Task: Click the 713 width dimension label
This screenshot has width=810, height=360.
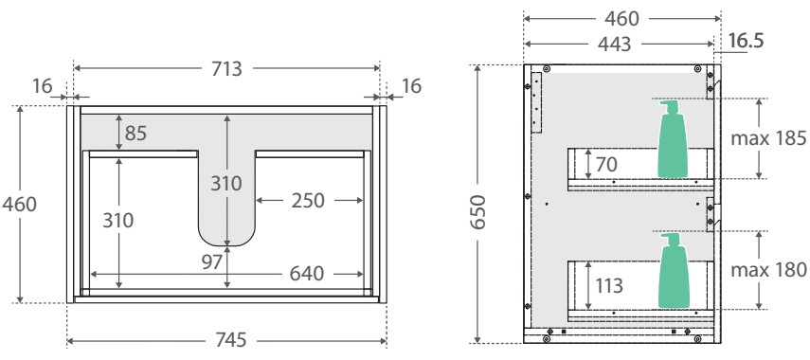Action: pyautogui.click(x=226, y=69)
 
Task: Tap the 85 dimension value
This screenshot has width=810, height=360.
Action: pyautogui.click(x=135, y=134)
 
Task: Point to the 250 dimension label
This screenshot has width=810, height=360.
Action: pyautogui.click(x=308, y=201)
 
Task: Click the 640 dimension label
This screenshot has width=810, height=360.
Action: pyautogui.click(x=306, y=274)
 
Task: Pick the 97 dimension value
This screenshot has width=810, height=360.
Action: pyautogui.click(x=212, y=261)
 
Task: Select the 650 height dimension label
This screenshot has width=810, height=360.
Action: pyautogui.click(x=478, y=212)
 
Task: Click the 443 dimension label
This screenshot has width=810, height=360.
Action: pyautogui.click(x=615, y=45)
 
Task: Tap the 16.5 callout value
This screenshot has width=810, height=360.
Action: pyautogui.click(x=746, y=41)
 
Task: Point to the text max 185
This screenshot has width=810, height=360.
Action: pyautogui.click(x=768, y=138)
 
